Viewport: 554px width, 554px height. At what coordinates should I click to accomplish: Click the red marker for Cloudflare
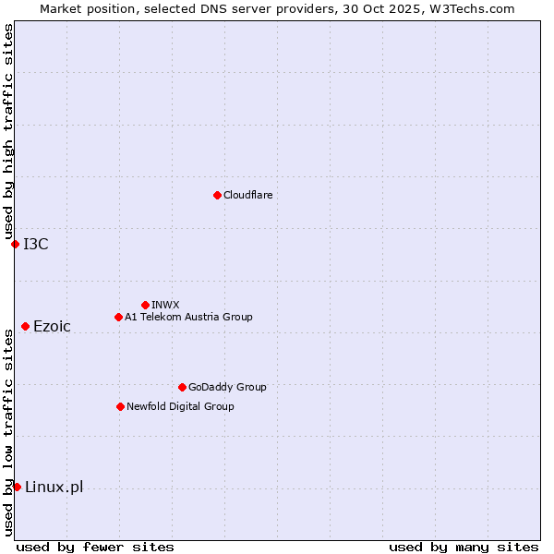click(217, 195)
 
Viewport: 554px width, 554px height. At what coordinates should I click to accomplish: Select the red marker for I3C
click(15, 244)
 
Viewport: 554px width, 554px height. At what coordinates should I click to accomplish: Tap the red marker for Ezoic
click(25, 326)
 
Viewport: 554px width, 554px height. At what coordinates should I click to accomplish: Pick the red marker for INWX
click(145, 305)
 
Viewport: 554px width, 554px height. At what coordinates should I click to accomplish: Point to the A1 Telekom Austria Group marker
click(118, 317)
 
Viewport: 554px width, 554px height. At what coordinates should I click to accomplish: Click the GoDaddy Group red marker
click(182, 387)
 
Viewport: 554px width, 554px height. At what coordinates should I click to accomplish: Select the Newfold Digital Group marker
click(120, 406)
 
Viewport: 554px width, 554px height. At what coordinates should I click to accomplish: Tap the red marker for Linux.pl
click(17, 487)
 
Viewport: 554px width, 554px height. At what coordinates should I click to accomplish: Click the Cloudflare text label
click(247, 195)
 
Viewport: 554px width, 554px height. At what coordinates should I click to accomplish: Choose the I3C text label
click(36, 244)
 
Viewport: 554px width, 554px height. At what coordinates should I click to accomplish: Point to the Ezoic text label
click(52, 326)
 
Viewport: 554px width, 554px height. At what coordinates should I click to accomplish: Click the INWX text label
click(165, 305)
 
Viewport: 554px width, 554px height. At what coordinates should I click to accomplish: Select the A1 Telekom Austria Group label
click(188, 317)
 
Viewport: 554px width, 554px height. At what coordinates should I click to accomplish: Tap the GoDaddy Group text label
click(227, 387)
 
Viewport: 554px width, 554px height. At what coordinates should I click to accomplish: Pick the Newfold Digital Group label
click(180, 406)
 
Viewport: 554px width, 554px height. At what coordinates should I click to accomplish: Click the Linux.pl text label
click(54, 487)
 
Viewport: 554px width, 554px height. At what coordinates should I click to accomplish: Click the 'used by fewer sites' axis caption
click(95, 547)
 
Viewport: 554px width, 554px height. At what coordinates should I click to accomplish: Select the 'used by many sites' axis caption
click(464, 547)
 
